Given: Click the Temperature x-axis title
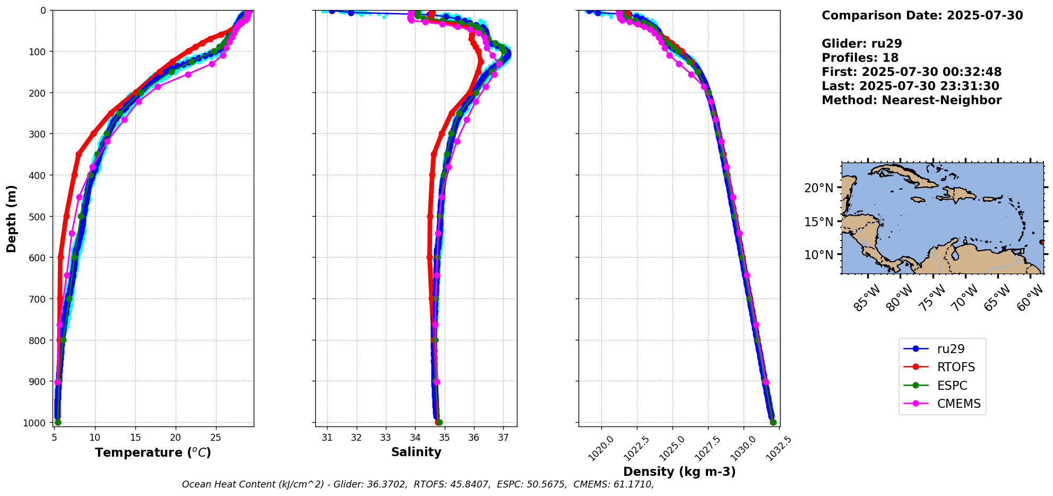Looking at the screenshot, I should [153, 452].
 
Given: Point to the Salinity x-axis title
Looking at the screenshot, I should [416, 452].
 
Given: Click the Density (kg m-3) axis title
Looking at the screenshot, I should [679, 472].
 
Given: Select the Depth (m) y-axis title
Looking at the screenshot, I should [12, 219].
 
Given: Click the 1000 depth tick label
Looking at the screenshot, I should [35, 423].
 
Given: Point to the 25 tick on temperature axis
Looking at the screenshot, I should [215, 438].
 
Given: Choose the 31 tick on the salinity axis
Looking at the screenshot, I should [327, 438].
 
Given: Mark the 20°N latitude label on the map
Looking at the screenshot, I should [818, 188].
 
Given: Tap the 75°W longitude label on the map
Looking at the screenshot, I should [931, 297].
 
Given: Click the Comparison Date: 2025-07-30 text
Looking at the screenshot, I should [922, 15].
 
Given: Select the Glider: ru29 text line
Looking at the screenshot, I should [861, 44].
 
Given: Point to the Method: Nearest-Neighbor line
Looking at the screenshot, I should [911, 100].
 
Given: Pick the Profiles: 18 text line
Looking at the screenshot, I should [860, 58].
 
